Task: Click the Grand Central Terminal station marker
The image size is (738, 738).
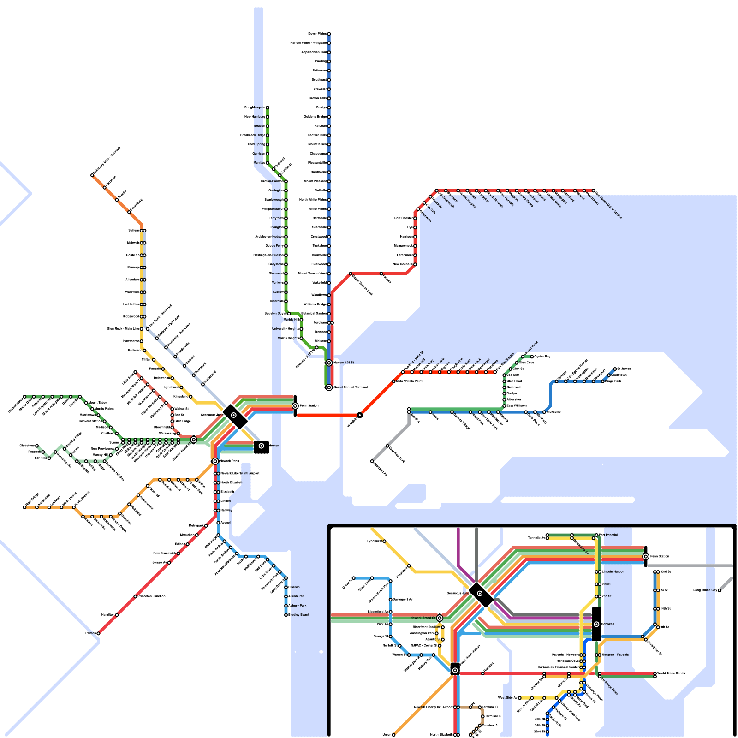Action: (x=329, y=387)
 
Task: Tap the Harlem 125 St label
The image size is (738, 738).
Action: (x=344, y=363)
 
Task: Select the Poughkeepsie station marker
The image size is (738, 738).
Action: (x=267, y=107)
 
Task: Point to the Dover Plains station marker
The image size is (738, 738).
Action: (x=329, y=34)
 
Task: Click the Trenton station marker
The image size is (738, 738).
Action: (x=98, y=633)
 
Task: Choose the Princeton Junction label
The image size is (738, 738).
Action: (x=152, y=596)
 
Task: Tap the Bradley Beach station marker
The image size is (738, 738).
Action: (x=286, y=615)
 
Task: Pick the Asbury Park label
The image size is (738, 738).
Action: (x=298, y=606)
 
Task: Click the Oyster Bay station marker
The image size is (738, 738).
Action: (x=532, y=357)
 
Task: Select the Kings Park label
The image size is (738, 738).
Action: (x=613, y=381)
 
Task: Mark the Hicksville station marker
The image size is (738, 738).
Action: (x=544, y=412)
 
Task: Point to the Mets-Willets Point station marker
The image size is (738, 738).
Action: (x=393, y=381)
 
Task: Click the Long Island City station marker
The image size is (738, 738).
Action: (x=719, y=590)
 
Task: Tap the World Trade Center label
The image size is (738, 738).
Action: (x=671, y=673)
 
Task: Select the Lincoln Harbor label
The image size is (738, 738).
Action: (x=613, y=572)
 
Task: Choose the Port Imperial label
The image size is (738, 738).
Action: (x=608, y=535)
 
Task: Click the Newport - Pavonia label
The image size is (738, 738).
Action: (x=615, y=655)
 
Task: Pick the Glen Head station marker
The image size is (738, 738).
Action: (x=504, y=381)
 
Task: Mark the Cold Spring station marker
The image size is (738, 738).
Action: (x=267, y=144)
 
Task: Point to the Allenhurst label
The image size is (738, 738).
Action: (x=296, y=596)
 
